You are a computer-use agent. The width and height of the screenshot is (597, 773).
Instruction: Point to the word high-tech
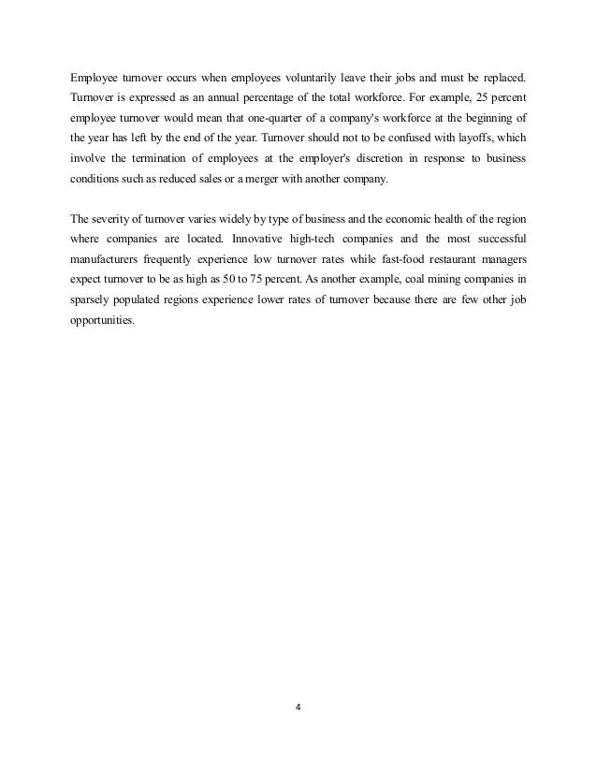click(x=311, y=242)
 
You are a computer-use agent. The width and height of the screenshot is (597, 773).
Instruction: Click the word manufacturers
click(x=103, y=267)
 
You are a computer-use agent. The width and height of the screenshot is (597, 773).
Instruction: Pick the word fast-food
click(x=380, y=267)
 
